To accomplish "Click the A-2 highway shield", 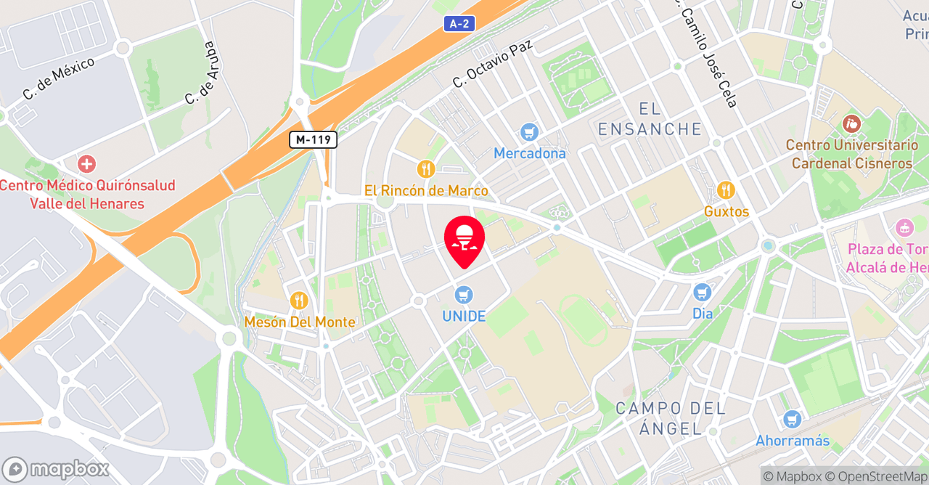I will [459, 24].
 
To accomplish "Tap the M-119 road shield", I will [313, 139].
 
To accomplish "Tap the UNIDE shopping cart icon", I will [464, 295].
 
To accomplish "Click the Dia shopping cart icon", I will [702, 293].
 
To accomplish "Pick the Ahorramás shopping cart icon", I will [792, 419].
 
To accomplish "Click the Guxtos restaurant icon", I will [726, 190].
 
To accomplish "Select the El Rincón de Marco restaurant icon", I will [426, 169].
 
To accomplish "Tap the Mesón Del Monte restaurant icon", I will [299, 300].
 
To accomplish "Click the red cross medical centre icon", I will [87, 164].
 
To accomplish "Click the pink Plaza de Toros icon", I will [904, 228].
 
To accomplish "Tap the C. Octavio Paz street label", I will [493, 63].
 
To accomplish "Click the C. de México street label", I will [59, 78].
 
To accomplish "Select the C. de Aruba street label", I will [201, 73].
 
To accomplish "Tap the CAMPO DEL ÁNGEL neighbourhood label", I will [670, 418].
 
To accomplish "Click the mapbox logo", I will [56, 469].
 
